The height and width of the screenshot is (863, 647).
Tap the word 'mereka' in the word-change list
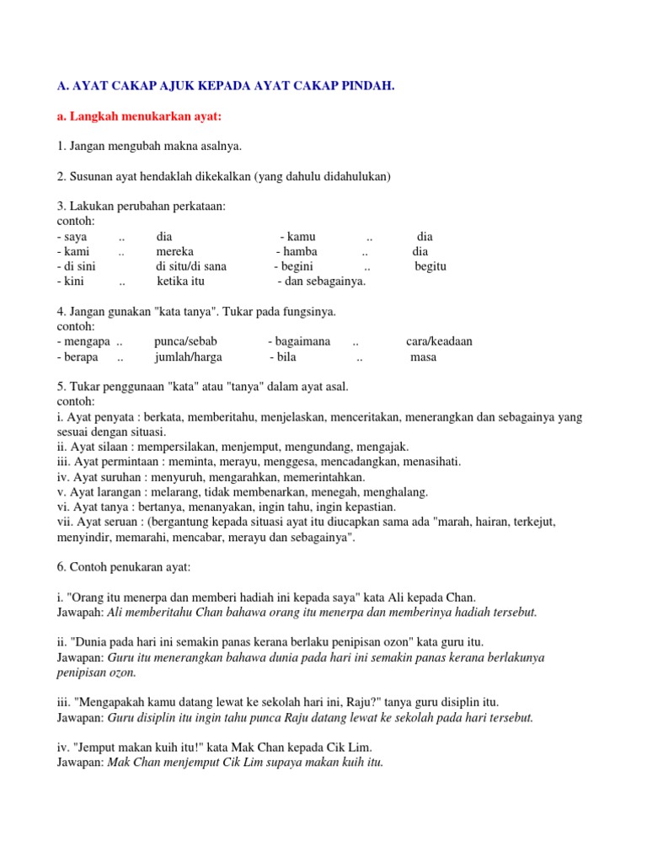[x=174, y=251]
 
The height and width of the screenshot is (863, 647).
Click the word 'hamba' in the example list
[x=301, y=251]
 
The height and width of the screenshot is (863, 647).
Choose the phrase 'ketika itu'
[x=180, y=281]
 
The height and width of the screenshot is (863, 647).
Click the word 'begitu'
[x=430, y=266]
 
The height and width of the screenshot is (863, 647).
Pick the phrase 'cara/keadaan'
[x=439, y=341]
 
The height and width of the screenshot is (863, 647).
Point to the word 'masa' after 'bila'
[x=423, y=356]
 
